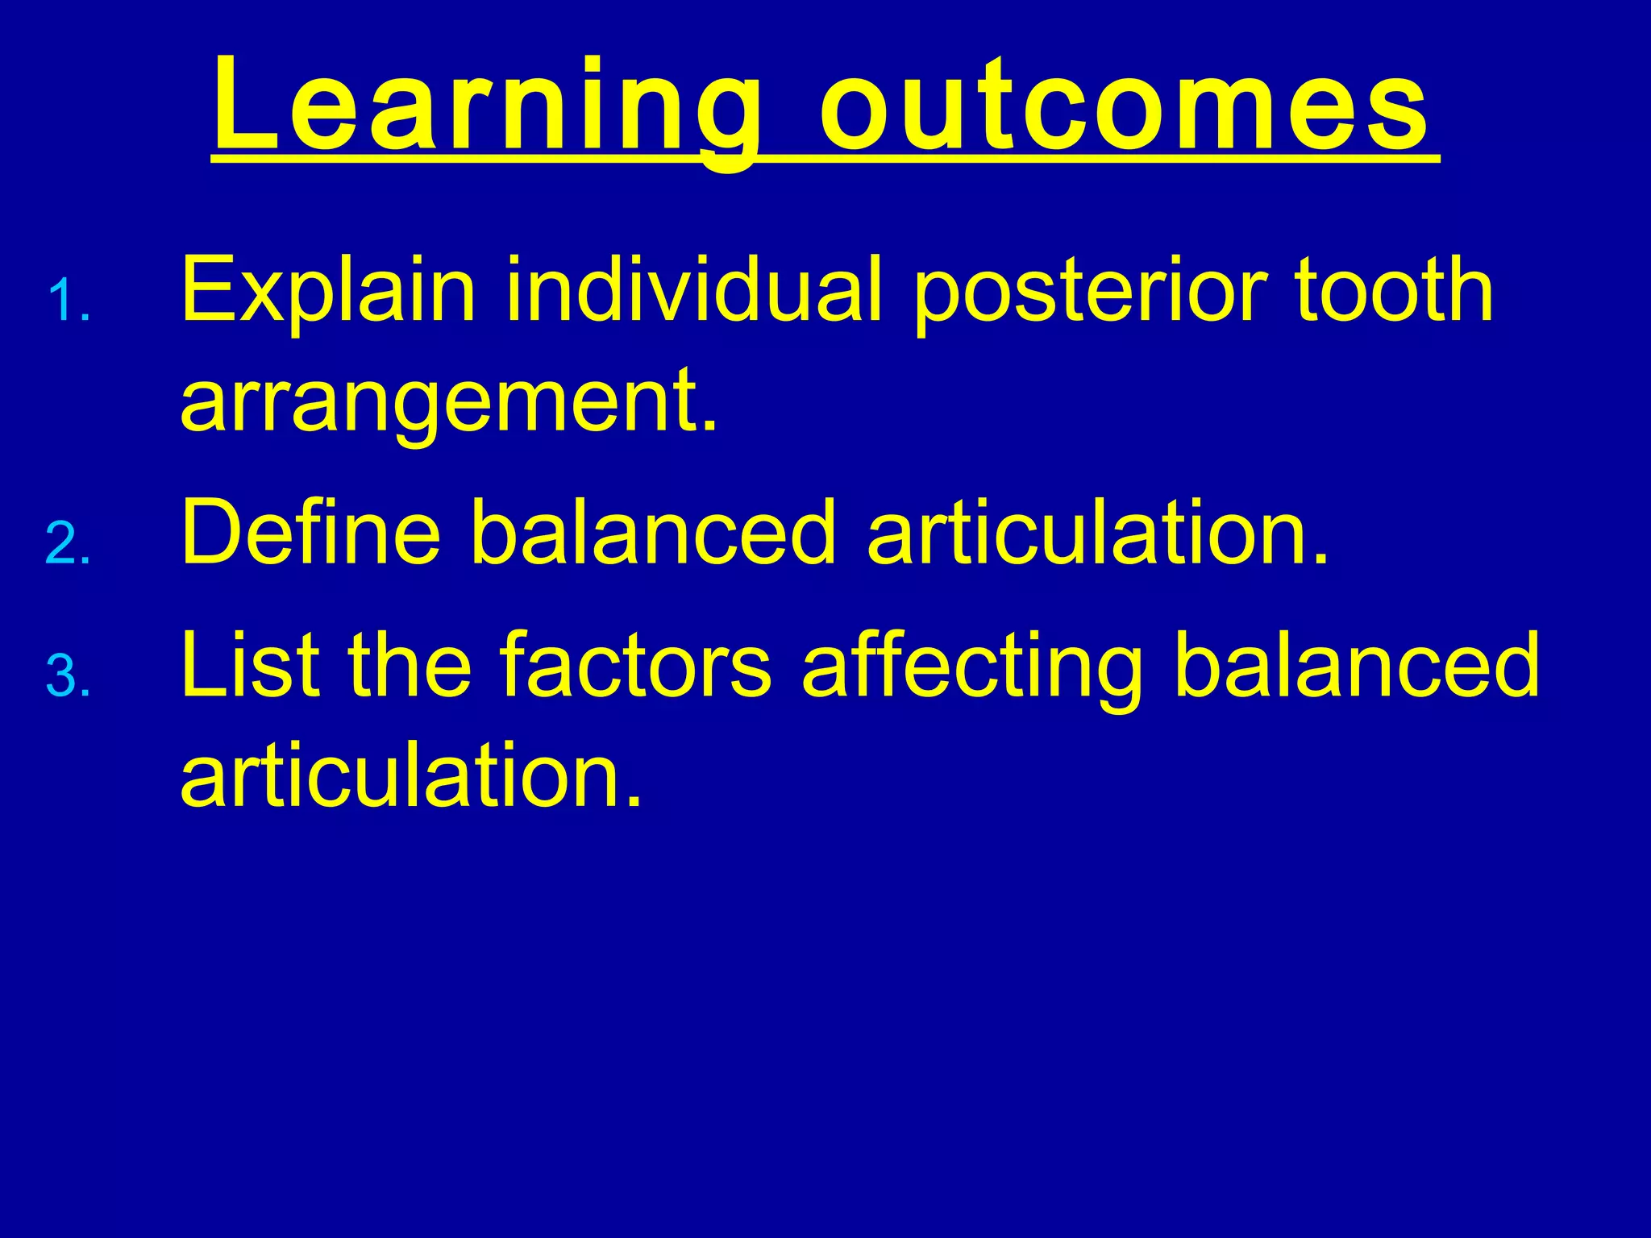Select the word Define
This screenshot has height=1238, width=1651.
point(311,532)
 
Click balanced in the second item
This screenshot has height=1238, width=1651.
point(654,532)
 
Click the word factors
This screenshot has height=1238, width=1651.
point(636,664)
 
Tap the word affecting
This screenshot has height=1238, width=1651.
point(972,666)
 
